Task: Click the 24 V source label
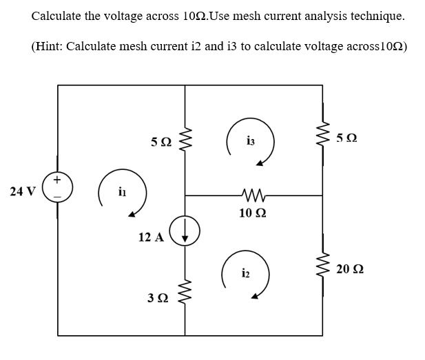click(23, 191)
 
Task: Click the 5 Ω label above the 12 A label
click(161, 142)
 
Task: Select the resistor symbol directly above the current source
click(185, 142)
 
